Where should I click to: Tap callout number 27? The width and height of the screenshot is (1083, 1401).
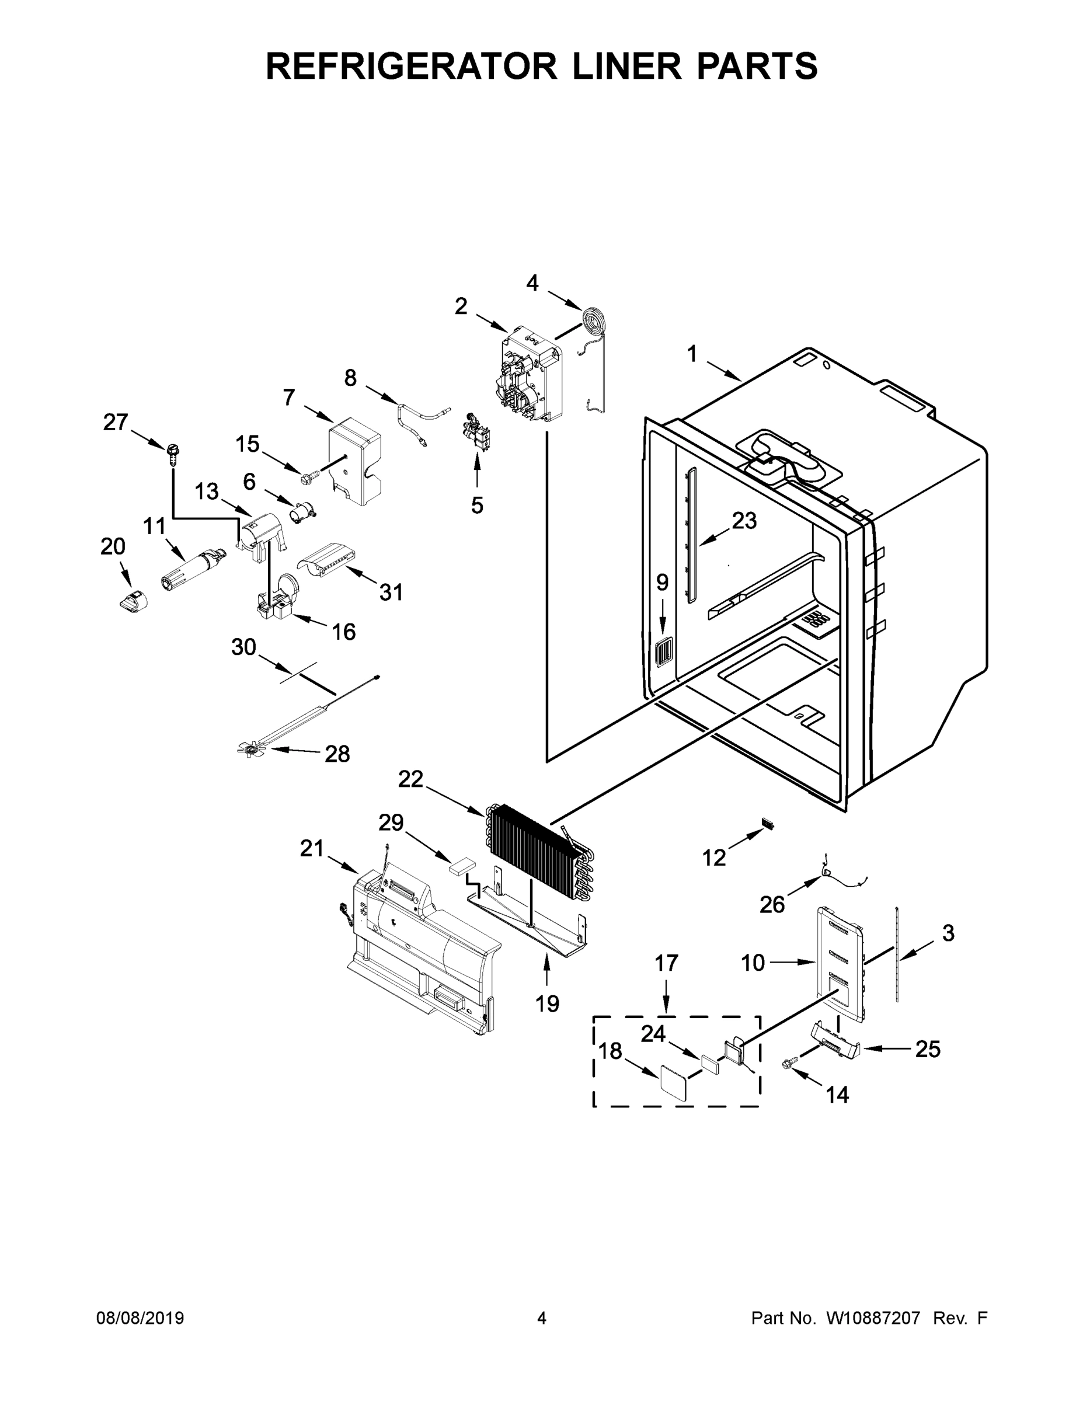(116, 423)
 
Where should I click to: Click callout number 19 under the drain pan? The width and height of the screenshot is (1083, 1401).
(546, 1003)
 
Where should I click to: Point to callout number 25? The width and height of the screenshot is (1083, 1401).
(927, 1050)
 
